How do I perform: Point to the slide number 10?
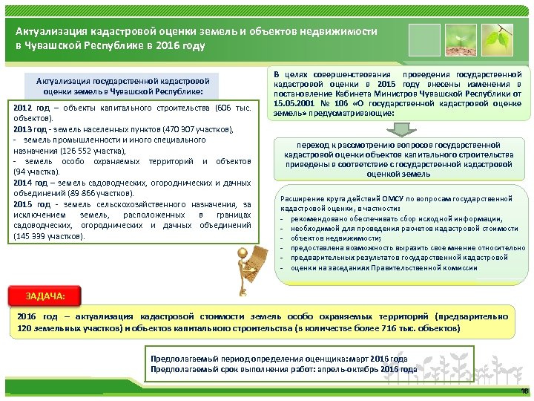tap(523, 391)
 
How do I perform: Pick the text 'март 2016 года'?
tap(376, 359)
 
